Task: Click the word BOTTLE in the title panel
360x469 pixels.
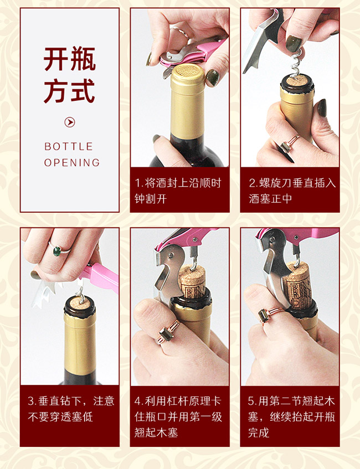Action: [69, 147]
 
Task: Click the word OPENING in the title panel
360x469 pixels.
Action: [72, 163]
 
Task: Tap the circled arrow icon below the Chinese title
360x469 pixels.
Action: [70, 122]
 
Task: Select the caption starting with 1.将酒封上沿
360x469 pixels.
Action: [179, 190]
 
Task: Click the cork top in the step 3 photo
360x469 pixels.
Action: [79, 302]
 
